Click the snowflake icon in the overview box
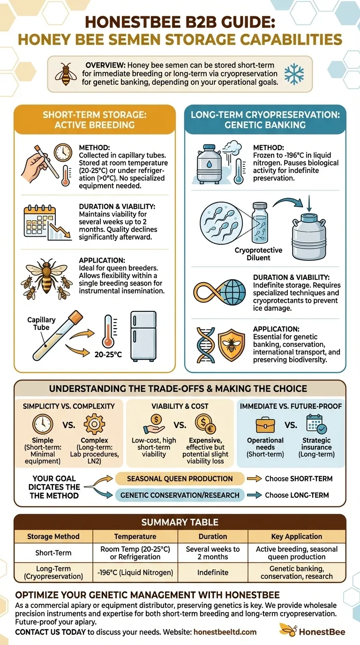pos(294,74)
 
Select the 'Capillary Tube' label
pos(42,323)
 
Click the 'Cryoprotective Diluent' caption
pos(259,254)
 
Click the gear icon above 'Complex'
pos(94,425)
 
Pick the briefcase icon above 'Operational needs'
pos(265,425)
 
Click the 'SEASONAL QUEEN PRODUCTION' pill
pos(180,479)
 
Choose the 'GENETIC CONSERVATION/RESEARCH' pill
pos(180,495)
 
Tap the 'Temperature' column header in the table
pos(135,536)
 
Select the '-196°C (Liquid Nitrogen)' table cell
pos(135,572)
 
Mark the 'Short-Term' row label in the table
pos(53,553)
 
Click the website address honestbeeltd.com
pos(225,632)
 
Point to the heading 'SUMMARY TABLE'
pos(180,522)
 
